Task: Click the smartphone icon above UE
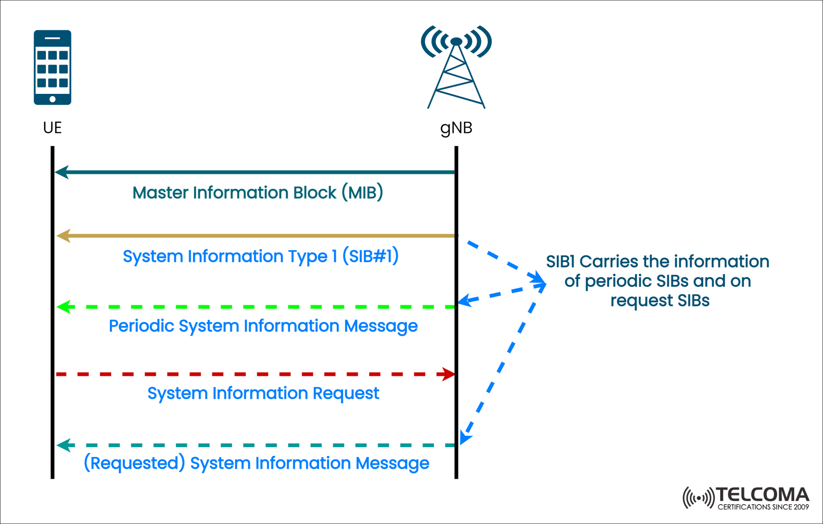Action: click(52, 67)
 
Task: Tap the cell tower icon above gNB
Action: click(456, 66)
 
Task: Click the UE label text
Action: click(52, 128)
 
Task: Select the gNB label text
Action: click(456, 128)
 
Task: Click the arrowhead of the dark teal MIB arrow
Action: click(61, 172)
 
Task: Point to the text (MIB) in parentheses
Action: click(362, 193)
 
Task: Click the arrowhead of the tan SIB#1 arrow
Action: click(63, 236)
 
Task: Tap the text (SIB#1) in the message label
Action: click(370, 256)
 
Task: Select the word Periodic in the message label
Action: click(141, 326)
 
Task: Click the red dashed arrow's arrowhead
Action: click(449, 374)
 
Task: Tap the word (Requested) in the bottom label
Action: click(134, 463)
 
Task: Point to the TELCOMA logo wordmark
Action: click(762, 495)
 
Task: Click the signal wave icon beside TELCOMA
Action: click(698, 498)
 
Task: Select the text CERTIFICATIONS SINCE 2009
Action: click(763, 507)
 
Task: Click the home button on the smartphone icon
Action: click(52, 99)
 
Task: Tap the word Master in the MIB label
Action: click(160, 193)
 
